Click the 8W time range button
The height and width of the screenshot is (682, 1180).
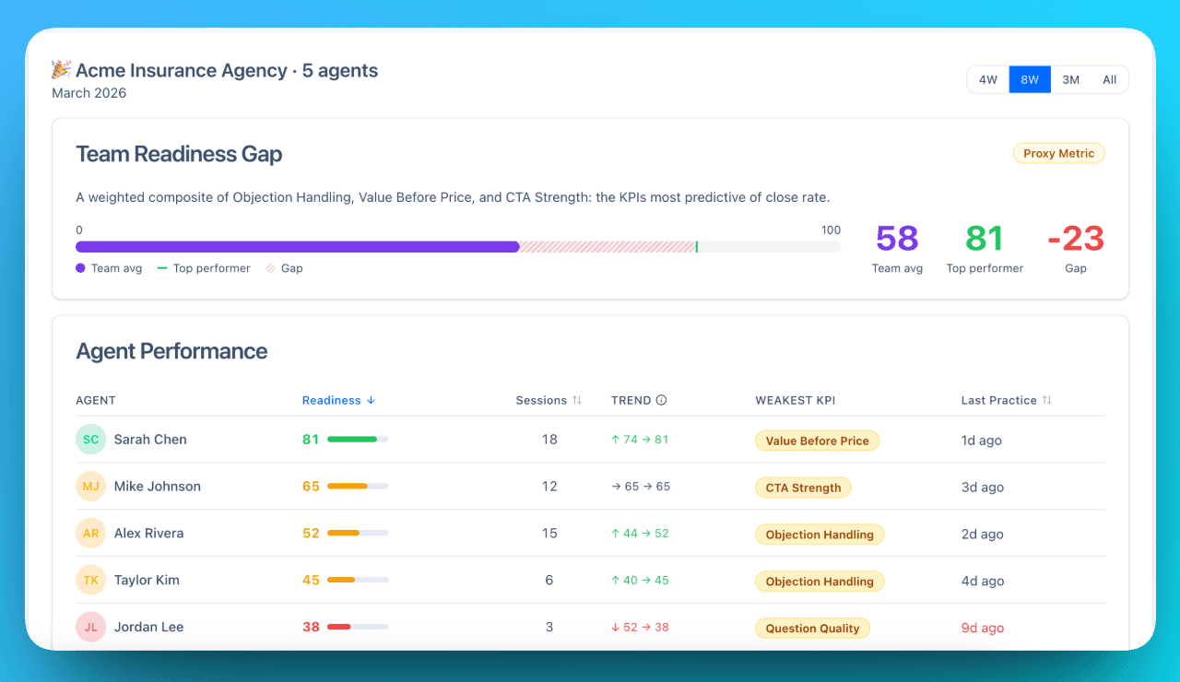pyautogui.click(x=1030, y=80)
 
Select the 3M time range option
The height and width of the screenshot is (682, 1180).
pyautogui.click(x=1070, y=80)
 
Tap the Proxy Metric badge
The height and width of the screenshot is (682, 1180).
pyautogui.click(x=1058, y=154)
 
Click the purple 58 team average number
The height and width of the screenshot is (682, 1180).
pyautogui.click(x=897, y=239)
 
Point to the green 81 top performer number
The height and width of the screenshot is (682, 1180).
pyautogui.click(x=984, y=239)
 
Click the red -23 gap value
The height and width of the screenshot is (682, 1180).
pyautogui.click(x=1075, y=239)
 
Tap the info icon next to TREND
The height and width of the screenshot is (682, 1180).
pyautogui.click(x=661, y=401)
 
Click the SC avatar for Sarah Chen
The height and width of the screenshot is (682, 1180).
pyautogui.click(x=91, y=440)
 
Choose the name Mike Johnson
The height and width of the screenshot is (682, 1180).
pyautogui.click(x=157, y=487)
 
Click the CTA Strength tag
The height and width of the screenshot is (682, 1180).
pyautogui.click(x=803, y=488)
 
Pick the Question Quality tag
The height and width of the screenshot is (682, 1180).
pyautogui.click(x=812, y=629)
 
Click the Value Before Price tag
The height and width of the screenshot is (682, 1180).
pyautogui.click(x=817, y=441)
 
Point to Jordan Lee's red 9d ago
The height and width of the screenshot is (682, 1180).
pyautogui.click(x=982, y=629)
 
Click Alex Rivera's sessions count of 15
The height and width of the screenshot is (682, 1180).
pyautogui.click(x=549, y=534)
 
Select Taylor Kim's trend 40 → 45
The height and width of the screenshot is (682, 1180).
pyautogui.click(x=639, y=581)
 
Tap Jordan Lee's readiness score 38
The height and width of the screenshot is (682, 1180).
pyautogui.click(x=311, y=628)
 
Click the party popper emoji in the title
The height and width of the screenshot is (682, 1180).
pyautogui.click(x=61, y=70)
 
